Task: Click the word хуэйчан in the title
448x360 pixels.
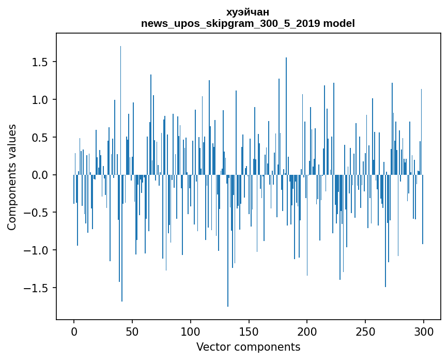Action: [248, 12]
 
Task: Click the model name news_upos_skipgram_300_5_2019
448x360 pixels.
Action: [230, 23]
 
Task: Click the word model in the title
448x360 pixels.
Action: [339, 23]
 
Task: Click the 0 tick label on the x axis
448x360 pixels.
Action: [74, 332]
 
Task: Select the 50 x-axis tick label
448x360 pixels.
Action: [132, 332]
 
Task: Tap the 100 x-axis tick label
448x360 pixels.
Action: [190, 332]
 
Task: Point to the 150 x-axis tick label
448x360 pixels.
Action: [249, 332]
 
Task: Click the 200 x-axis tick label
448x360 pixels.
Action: [307, 332]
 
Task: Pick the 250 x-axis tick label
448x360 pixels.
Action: [365, 332]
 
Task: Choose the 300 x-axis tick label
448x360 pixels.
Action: [423, 332]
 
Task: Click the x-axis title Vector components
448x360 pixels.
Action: [248, 347]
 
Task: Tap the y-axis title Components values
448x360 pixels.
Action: [12, 177]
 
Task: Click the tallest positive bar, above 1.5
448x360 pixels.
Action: [120, 110]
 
